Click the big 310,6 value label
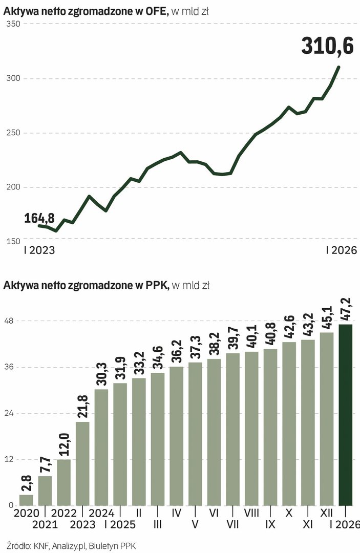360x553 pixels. pos(327,46)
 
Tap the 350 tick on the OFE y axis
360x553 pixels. pos(13,24)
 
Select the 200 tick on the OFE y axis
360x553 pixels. pos(13,187)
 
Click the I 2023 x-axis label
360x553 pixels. pos(39,251)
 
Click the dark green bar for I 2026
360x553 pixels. pos(346,415)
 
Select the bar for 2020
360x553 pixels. pos(26,500)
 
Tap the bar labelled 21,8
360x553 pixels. pos(83,463)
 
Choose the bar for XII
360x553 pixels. pos(327,419)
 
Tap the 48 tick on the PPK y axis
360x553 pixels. pos(10,321)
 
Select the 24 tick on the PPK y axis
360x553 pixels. pos(10,413)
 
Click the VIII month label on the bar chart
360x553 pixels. pos(251,512)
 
